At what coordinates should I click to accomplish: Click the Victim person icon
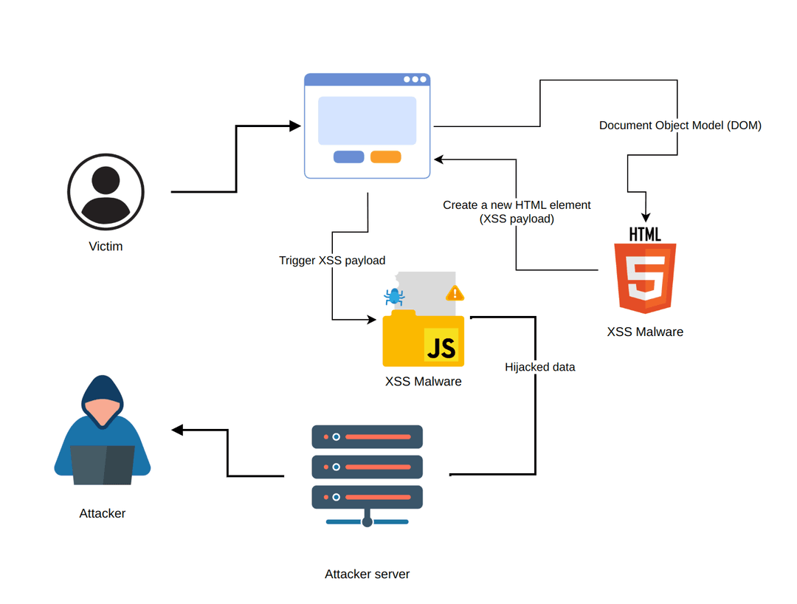[x=106, y=192]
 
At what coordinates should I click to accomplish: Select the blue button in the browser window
[x=348, y=157]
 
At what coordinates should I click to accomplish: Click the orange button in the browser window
[x=385, y=157]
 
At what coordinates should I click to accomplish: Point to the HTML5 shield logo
[x=645, y=278]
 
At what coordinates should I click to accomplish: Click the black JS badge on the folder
[x=441, y=346]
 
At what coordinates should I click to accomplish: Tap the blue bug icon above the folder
[x=393, y=297]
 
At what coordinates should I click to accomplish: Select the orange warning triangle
[x=455, y=293]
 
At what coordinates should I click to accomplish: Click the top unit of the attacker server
[x=367, y=436]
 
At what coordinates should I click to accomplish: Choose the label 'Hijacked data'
[x=539, y=367]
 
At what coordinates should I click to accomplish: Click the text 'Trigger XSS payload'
[x=332, y=261]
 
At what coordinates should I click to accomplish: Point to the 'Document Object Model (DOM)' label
[x=680, y=126]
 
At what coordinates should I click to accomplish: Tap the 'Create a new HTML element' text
[x=517, y=205]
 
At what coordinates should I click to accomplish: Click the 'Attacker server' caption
[x=367, y=574]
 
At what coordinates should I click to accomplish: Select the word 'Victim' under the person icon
[x=106, y=247]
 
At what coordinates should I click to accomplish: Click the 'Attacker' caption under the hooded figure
[x=103, y=513]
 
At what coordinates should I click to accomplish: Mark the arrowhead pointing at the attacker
[x=177, y=430]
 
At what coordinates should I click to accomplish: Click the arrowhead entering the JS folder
[x=372, y=320]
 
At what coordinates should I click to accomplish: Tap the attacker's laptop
[x=103, y=465]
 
